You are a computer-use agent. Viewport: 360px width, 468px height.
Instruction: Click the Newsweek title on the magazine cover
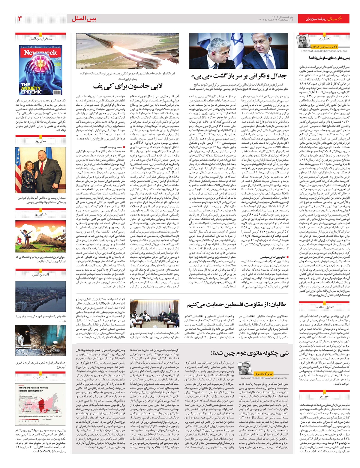40,53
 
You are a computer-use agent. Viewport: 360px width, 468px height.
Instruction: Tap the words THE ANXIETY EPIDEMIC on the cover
31,88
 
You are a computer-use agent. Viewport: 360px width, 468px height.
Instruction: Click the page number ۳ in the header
20,19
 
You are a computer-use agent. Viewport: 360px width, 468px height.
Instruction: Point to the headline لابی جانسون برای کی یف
128,86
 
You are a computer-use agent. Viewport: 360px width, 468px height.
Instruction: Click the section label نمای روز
40,141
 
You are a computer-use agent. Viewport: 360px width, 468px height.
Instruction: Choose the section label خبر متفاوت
40,377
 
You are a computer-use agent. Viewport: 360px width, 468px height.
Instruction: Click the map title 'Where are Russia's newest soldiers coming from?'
33,389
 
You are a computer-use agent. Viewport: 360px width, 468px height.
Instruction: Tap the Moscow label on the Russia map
29,404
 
